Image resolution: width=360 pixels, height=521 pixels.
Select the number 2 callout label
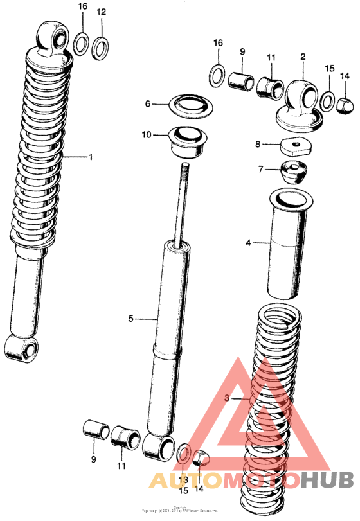click(302, 57)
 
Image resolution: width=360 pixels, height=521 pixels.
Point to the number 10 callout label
click(147, 135)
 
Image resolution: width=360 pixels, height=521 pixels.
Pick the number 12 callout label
click(101, 12)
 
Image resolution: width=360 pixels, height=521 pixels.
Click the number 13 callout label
click(183, 480)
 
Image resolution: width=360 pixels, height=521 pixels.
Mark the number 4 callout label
click(248, 243)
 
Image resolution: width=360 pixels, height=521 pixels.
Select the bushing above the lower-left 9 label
click(95, 429)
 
